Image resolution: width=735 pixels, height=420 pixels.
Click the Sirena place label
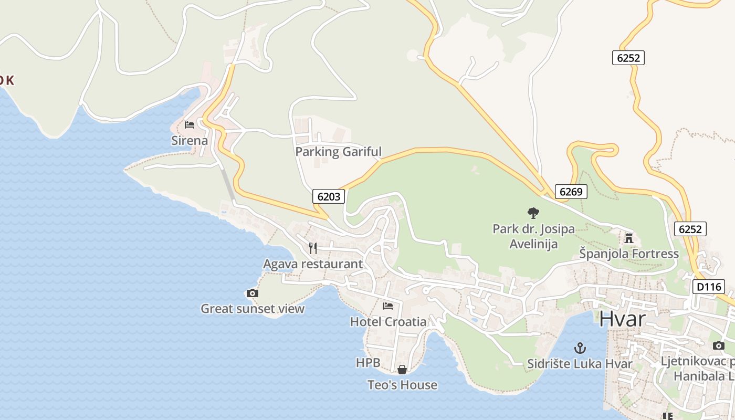point(190,141)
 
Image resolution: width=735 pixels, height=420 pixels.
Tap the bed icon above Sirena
point(190,125)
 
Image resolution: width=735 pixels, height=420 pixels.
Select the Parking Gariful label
point(338,152)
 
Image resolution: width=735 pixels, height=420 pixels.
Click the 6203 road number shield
point(329,196)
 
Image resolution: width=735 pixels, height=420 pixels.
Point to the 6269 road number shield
point(571,192)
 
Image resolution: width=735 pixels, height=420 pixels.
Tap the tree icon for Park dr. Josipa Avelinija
point(533,213)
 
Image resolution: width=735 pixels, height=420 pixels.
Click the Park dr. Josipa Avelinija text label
point(533,236)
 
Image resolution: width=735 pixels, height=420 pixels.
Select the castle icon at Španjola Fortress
point(629,238)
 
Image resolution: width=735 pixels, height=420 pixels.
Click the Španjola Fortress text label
point(629,254)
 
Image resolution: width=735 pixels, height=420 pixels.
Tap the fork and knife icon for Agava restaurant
point(313,248)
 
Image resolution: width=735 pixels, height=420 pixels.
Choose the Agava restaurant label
point(313,264)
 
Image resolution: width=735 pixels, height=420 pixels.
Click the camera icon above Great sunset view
point(253,293)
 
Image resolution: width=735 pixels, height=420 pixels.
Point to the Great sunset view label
point(253,309)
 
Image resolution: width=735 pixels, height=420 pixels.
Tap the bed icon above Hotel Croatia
point(388,306)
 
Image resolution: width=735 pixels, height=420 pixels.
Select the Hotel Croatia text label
point(388,321)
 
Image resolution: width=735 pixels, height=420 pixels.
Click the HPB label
point(367,363)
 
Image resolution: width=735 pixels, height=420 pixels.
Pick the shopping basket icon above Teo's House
point(402,370)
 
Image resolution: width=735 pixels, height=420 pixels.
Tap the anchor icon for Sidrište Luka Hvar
point(580,348)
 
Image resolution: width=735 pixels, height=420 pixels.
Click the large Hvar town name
point(622,319)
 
